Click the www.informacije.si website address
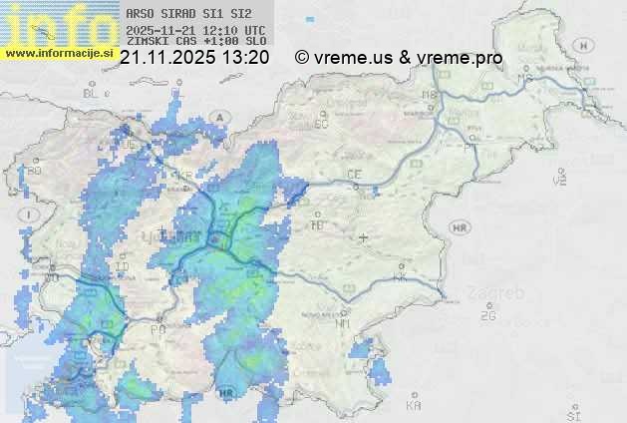click(x=59, y=53)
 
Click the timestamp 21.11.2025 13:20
click(x=193, y=58)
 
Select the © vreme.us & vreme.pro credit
click(x=399, y=58)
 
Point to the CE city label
click(x=353, y=174)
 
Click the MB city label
click(x=430, y=95)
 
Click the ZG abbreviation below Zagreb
click(x=488, y=316)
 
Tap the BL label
click(x=93, y=93)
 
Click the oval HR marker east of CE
click(x=460, y=227)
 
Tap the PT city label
click(x=472, y=131)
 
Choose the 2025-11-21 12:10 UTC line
click(x=195, y=30)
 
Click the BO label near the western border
click(x=36, y=171)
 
